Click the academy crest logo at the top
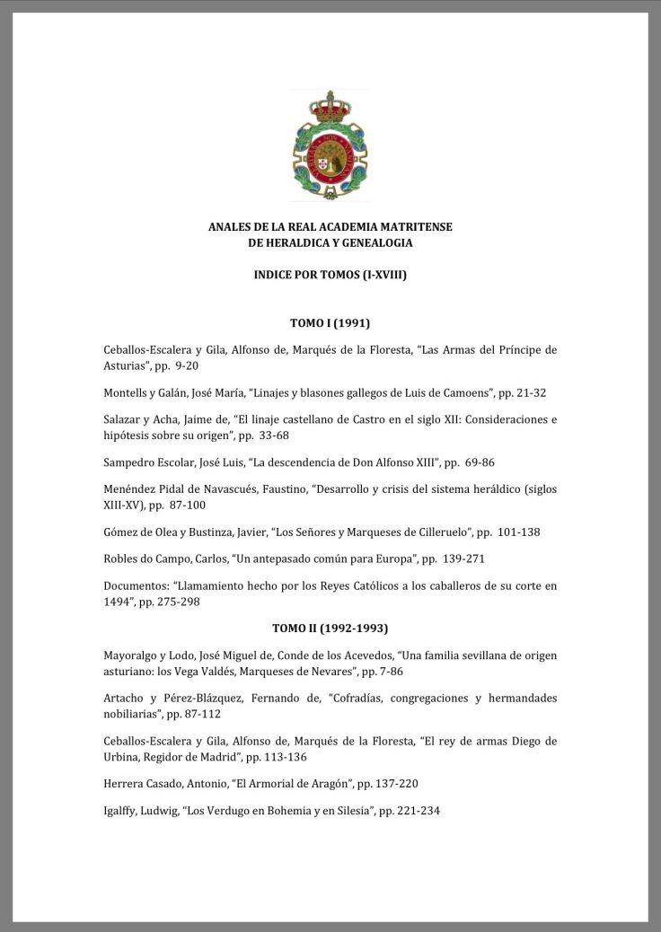pyautogui.click(x=330, y=146)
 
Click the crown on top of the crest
pyautogui.click(x=330, y=107)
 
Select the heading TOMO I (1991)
pyautogui.click(x=330, y=322)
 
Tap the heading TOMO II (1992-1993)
pyautogui.click(x=330, y=628)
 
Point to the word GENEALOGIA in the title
pyautogui.click(x=371, y=243)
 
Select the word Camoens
pyautogui.click(x=458, y=392)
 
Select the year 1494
pyautogui.click(x=119, y=602)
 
